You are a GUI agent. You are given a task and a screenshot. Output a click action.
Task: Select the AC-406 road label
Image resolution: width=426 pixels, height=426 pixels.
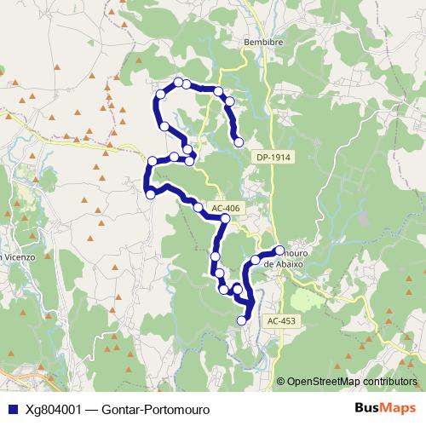pyautogui.click(x=225, y=207)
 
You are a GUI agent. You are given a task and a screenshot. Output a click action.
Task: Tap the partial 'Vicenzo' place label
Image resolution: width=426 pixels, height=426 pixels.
pyautogui.click(x=16, y=256)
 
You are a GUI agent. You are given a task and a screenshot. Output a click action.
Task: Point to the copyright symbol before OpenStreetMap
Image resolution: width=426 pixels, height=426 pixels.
pyautogui.click(x=280, y=381)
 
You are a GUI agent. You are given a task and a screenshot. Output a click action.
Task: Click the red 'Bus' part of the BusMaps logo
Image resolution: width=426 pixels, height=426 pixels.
pyautogui.click(x=367, y=408)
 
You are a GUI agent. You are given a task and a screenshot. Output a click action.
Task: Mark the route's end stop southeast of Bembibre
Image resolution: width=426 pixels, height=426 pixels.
pyautogui.click(x=239, y=141)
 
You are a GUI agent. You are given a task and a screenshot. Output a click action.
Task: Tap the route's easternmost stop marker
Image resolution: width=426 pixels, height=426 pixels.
pyautogui.click(x=278, y=250)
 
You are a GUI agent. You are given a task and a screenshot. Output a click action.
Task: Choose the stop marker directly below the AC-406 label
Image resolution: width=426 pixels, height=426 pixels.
pyautogui.click(x=225, y=219)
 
